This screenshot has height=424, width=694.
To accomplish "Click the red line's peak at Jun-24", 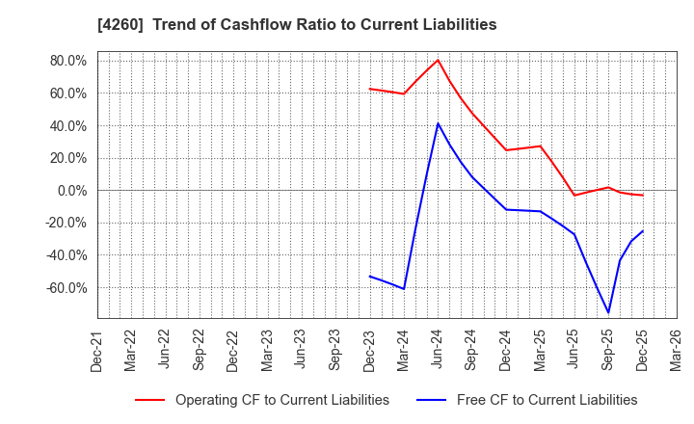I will point(438,60).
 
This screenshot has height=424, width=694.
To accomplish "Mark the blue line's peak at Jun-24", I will point(438,123).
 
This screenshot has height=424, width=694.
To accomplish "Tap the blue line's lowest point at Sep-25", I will point(608,312).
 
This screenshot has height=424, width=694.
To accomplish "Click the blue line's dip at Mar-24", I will point(404,288).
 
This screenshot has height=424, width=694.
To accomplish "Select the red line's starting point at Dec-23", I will point(370,89).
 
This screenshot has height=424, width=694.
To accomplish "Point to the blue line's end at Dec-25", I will point(642,230).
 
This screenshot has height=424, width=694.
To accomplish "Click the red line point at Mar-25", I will point(540,146).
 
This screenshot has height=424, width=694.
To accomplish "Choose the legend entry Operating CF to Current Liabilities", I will point(281,400).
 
